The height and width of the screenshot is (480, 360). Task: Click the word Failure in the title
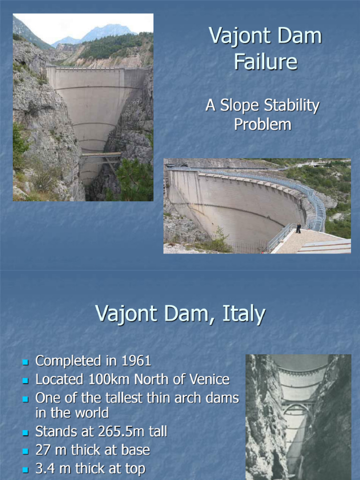click(266, 61)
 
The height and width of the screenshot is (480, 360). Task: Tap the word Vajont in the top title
click(244, 36)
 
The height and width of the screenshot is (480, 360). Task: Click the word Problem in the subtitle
click(262, 124)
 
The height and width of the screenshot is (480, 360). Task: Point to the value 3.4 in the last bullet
click(46, 469)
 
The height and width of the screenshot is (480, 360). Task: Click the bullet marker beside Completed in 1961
click(26, 362)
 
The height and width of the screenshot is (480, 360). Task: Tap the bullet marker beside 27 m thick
click(26, 451)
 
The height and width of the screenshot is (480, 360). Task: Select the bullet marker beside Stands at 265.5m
click(26, 432)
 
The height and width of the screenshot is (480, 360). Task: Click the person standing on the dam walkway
click(298, 228)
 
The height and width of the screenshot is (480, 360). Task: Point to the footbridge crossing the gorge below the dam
click(101, 154)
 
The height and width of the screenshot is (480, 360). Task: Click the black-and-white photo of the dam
click(298, 417)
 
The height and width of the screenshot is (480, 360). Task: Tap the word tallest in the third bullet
click(132, 398)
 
